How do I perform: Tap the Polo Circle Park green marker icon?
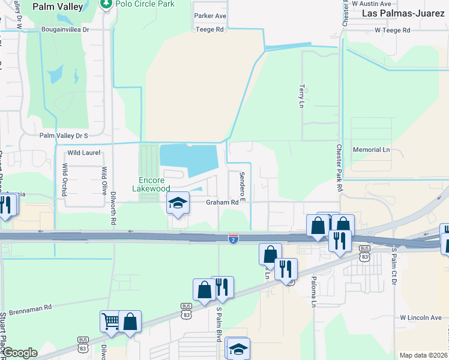107,4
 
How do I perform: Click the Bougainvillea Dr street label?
65,29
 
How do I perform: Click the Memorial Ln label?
371,149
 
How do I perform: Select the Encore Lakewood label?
151,184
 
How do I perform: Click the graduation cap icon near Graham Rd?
178,203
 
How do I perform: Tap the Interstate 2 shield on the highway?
233,239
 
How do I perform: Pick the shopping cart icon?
110,322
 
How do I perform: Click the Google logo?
20,353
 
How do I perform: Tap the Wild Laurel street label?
83,153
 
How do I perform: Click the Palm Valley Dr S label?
64,136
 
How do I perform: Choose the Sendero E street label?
243,185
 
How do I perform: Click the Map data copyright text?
423,355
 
